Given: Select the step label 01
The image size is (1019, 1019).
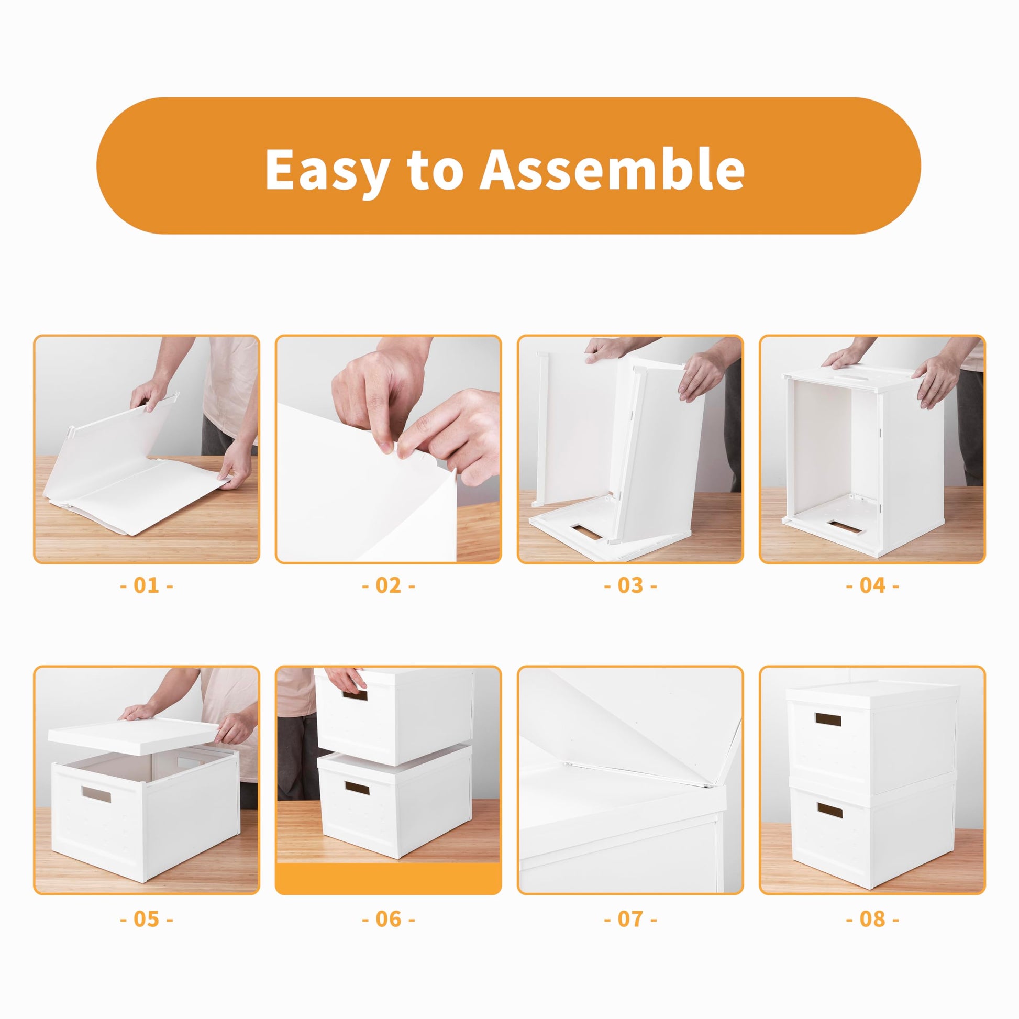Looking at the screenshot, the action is (x=147, y=585).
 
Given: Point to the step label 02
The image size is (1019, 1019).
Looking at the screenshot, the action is (x=389, y=585).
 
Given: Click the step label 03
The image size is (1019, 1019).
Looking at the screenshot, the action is (x=630, y=585).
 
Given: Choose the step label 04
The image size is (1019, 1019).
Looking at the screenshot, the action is (x=872, y=585).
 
